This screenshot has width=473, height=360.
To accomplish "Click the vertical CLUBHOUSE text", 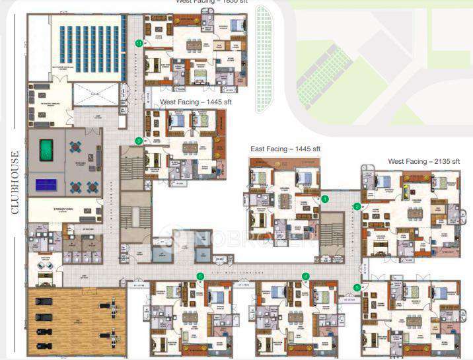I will (x=15, y=182).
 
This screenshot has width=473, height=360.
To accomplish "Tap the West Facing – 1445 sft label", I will (x=191, y=102).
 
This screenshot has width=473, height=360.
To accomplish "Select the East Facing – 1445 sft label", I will (x=285, y=149).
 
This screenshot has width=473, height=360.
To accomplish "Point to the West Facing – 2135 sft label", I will (x=423, y=161).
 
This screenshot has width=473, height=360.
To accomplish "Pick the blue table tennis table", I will (x=46, y=184).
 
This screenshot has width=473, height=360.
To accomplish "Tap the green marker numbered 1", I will (x=324, y=198).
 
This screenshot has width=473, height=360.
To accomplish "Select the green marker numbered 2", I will (x=357, y=207).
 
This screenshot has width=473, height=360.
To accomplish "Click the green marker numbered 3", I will (x=357, y=287).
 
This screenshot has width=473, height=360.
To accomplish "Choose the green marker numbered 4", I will (x=305, y=276).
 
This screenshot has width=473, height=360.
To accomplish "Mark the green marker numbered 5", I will (x=200, y=276).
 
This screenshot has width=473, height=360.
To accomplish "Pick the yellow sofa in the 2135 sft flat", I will (x=404, y=190).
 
